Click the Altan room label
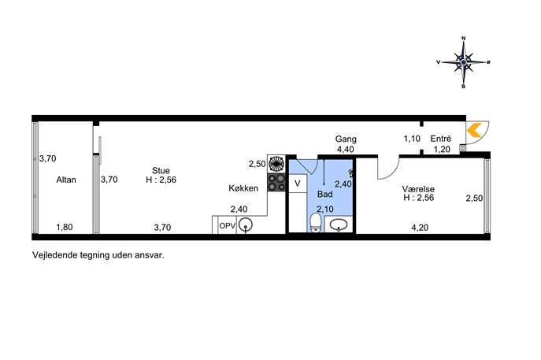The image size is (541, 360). coord(66,180)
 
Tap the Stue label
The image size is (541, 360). coord(161,170)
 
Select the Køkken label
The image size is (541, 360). coord(243,188)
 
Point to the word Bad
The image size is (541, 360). coord(324,194)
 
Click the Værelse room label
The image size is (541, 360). coord(418,189)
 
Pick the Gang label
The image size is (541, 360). coord(346,139)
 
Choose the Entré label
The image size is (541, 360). coord(441,139)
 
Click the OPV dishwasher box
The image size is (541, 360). coord(228,226)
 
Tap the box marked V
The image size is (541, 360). coord(298,184)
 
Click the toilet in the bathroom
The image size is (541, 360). coord(315,222)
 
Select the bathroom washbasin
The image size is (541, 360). coord(338,225)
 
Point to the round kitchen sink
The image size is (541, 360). coord(246,225)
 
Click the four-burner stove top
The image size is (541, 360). coord(276,183)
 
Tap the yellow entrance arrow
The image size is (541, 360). coord(474,131)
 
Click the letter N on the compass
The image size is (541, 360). coord(463,39)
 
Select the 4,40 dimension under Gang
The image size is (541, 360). coord(346,150)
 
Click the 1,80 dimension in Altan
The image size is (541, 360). coord(65,227)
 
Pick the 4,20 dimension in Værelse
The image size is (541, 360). coord(420,228)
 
